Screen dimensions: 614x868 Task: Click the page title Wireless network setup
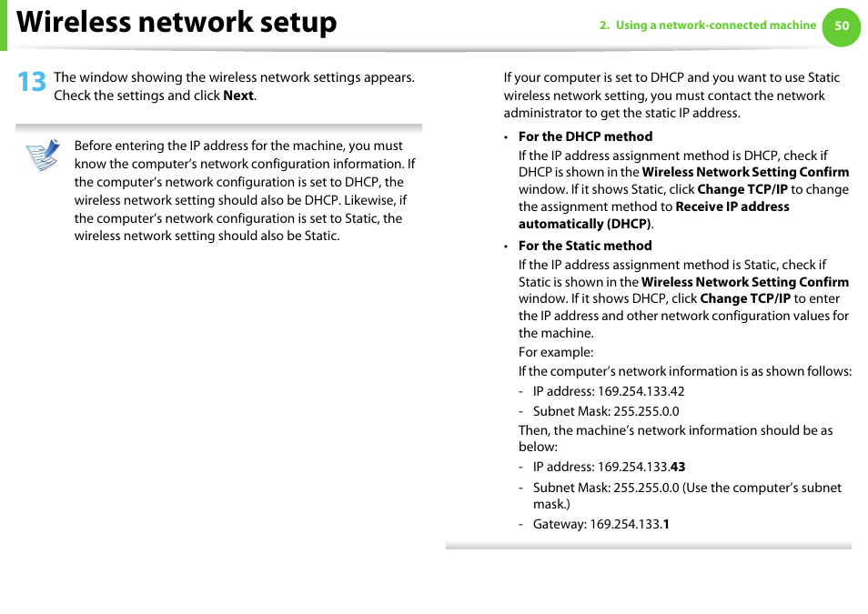pyautogui.click(x=177, y=23)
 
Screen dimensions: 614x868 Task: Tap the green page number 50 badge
pyautogui.click(x=842, y=25)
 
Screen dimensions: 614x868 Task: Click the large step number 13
pyautogui.click(x=31, y=83)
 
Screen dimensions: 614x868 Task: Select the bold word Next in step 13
pyautogui.click(x=238, y=96)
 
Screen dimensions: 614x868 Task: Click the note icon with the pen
pyautogui.click(x=43, y=155)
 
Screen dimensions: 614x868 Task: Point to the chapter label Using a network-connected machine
pyautogui.click(x=715, y=25)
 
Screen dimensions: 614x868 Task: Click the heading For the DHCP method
pyautogui.click(x=585, y=136)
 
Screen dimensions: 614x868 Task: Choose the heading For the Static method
pyautogui.click(x=585, y=246)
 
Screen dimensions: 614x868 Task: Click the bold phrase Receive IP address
pyautogui.click(x=732, y=206)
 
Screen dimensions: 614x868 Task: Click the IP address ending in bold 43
pyautogui.click(x=641, y=467)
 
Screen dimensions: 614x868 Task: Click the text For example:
pyautogui.click(x=556, y=352)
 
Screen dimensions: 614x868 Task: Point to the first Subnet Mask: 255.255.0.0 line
pyautogui.click(x=606, y=411)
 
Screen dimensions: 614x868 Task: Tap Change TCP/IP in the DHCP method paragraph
pyautogui.click(x=742, y=189)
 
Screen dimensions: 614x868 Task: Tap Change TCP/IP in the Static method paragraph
pyautogui.click(x=744, y=298)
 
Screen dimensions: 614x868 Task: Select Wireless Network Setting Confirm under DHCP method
pyautogui.click(x=745, y=172)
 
